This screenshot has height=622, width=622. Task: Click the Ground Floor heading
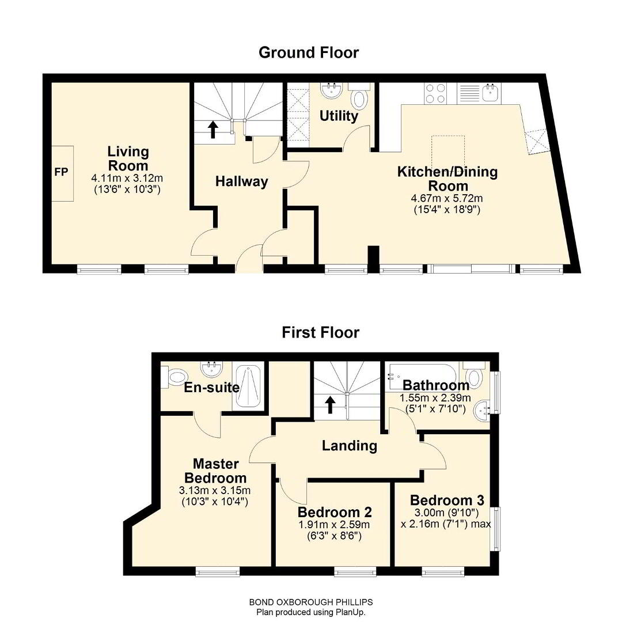(309, 53)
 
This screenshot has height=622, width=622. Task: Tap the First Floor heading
(321, 332)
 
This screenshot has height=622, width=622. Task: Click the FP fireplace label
(61, 172)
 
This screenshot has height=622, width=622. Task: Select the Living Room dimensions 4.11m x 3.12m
(127, 178)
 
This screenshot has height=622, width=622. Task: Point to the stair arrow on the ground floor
(213, 130)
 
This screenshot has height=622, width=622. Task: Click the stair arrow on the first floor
(330, 405)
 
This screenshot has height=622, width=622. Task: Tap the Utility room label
(339, 116)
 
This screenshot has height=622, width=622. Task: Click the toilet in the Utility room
(359, 97)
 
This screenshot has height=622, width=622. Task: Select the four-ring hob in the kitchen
(435, 94)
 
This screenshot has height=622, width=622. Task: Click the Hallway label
(241, 181)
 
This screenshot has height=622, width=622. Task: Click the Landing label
(350, 445)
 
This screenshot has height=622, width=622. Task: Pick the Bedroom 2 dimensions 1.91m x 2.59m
(335, 525)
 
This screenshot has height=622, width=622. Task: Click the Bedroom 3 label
(447, 500)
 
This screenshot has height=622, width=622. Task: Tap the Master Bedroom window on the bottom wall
(218, 571)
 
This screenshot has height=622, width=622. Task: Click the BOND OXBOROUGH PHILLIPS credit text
(310, 602)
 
